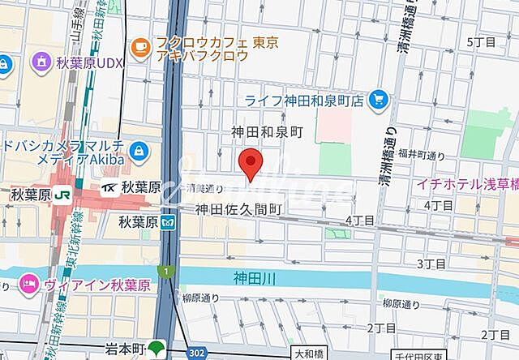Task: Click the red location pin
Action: coord(252,162)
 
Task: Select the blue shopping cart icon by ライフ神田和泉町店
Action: coord(377,100)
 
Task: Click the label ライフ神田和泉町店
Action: coord(305,101)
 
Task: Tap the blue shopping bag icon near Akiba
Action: coord(139,151)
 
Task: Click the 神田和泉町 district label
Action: coord(267,131)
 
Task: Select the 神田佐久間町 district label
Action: coord(238,210)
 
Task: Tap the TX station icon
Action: coord(109,188)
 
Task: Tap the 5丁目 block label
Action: coord(482,41)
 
